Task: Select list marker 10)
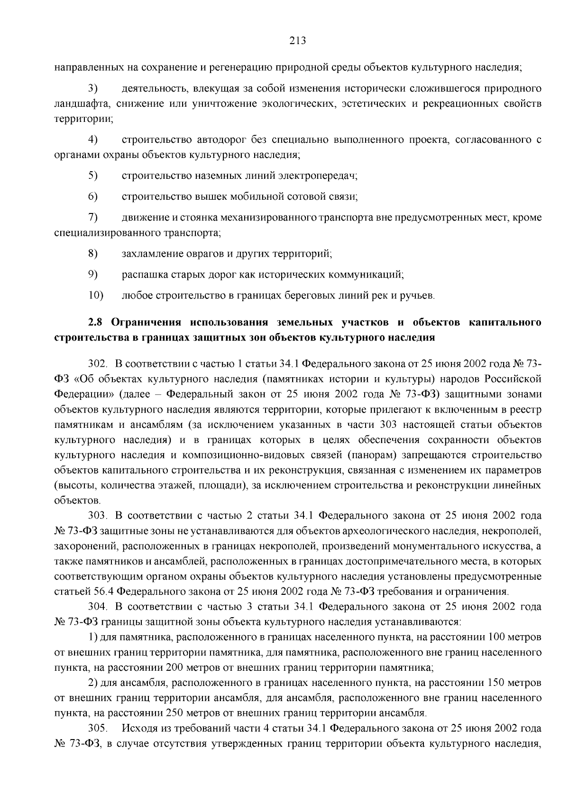click(x=96, y=295)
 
